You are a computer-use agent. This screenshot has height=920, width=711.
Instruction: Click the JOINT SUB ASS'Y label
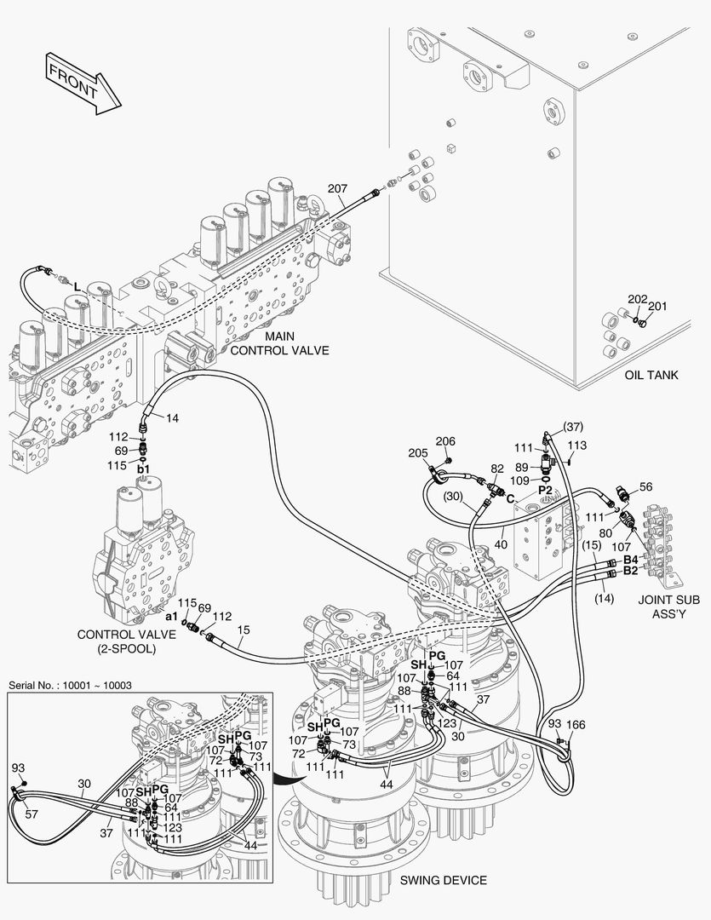tap(669, 606)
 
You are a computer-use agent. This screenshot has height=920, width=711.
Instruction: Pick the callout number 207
tap(337, 188)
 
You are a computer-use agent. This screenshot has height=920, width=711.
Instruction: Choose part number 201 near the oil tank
tap(657, 307)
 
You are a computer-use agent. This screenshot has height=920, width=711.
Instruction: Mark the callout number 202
tap(637, 300)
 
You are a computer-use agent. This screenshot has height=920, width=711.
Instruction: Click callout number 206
tap(445, 441)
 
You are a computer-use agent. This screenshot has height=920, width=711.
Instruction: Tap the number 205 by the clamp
tap(417, 452)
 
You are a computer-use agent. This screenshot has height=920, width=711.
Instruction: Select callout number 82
tap(496, 469)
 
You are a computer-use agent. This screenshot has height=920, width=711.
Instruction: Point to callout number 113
tap(577, 445)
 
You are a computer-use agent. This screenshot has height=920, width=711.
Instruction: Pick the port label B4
tap(631, 559)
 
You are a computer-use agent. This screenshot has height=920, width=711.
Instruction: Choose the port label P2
tap(545, 492)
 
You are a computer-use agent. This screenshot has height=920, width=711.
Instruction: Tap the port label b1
tap(144, 469)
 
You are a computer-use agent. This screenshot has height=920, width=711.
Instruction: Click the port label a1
tap(170, 616)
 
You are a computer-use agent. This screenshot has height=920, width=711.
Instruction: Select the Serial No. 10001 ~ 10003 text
tap(69, 685)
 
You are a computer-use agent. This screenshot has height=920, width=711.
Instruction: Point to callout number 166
tap(576, 724)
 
